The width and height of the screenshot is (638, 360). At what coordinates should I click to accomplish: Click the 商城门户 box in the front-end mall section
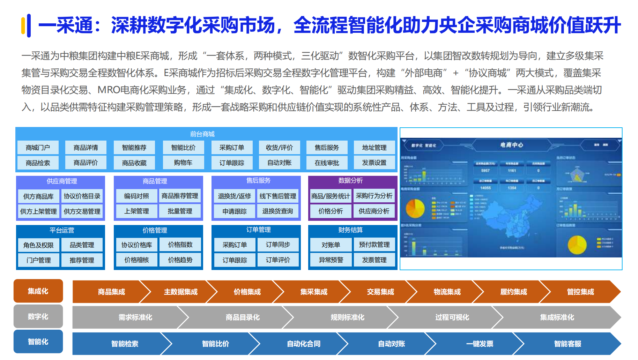38,148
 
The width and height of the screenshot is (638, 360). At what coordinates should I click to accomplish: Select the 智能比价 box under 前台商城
183,148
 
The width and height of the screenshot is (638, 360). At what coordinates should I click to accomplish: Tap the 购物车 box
183,163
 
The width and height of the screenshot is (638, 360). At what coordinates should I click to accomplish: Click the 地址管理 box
374,148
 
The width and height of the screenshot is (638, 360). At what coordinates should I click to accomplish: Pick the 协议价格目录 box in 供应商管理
82,196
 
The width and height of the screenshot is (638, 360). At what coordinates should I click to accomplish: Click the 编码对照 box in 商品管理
136,196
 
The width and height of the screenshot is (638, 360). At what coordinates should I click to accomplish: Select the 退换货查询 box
278,211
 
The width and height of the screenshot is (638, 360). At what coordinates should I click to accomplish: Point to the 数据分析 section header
350,180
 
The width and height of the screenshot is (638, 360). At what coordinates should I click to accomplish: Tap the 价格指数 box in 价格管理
180,245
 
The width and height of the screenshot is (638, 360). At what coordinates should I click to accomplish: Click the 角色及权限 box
38,245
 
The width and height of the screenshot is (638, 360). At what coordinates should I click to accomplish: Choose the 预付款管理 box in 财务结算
374,245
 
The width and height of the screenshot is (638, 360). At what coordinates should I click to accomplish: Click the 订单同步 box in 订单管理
278,245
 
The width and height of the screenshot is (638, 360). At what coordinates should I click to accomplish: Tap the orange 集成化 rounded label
38,291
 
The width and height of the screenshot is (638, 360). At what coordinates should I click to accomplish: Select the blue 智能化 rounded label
38,342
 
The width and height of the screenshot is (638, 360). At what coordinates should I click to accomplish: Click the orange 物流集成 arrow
447,292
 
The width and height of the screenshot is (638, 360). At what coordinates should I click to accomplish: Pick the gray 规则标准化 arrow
347,317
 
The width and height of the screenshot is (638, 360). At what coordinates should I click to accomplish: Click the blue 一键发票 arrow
480,344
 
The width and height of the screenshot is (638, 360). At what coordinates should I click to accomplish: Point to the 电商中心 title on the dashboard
511,145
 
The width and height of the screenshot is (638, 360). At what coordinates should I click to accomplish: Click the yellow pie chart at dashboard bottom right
577,245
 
